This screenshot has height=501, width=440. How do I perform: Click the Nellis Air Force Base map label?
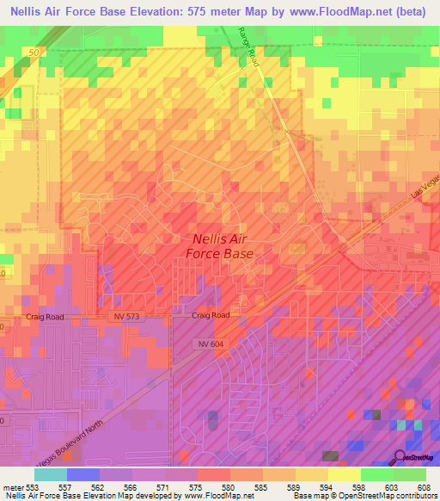click(x=220, y=248)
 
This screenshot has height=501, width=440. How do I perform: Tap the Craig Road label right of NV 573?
click(x=211, y=316)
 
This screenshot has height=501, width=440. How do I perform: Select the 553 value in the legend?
click(x=34, y=486)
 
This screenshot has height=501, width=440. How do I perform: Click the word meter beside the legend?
click(x=12, y=486)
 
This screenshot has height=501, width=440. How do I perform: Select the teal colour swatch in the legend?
click(x=51, y=474)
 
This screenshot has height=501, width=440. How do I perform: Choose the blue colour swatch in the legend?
click(x=83, y=474)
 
